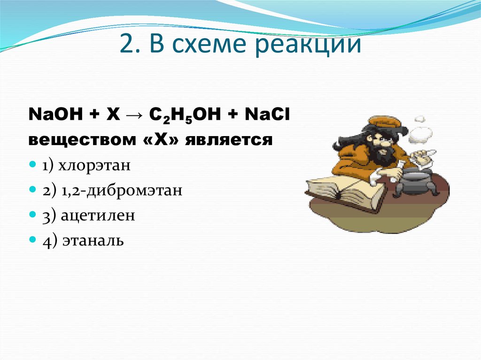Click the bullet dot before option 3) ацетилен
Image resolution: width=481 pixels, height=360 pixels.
click(x=32, y=215)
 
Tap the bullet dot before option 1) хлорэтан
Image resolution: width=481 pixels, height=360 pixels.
click(x=32, y=166)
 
